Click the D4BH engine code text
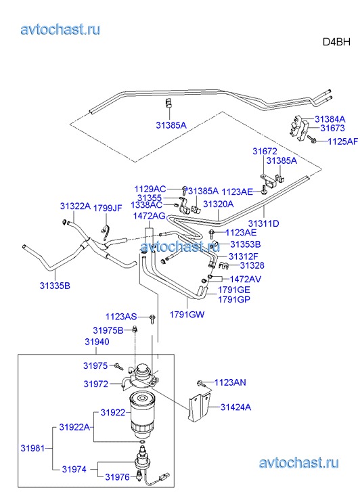336,42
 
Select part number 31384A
330,119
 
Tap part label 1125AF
342,141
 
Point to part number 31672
265,151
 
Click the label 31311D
263,223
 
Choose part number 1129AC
150,189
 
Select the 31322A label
75,206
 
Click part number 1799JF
108,208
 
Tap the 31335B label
55,286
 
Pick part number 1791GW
187,314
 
